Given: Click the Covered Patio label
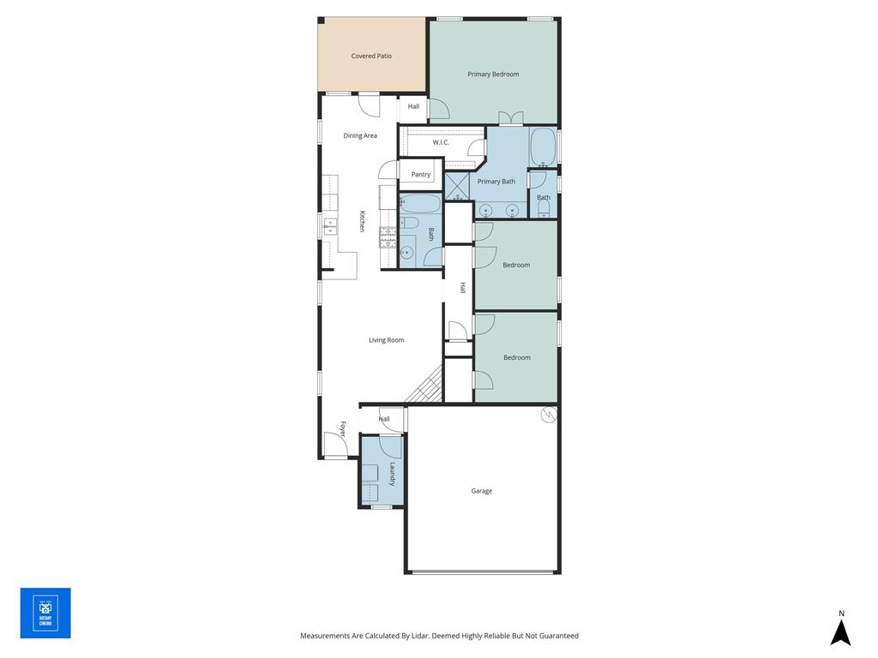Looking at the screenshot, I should [x=371, y=56].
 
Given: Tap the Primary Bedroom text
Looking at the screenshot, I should [x=493, y=75].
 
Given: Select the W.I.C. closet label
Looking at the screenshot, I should [x=441, y=142].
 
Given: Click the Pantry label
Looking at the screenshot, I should [x=420, y=175].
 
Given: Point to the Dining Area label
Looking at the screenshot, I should [x=360, y=135].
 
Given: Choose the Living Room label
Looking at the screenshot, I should [x=386, y=340].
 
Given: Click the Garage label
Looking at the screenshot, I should [x=481, y=491].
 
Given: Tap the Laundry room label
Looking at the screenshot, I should [x=392, y=475].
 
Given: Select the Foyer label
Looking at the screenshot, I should [x=343, y=429].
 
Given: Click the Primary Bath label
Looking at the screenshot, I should [x=496, y=182].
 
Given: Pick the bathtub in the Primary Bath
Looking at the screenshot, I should [x=544, y=147].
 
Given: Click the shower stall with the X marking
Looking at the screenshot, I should [x=457, y=186].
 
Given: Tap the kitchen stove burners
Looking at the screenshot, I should [x=387, y=236].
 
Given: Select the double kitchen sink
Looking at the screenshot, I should [x=330, y=226].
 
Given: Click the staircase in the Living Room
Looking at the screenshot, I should [x=426, y=386].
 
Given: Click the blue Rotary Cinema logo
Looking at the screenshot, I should [x=45, y=613].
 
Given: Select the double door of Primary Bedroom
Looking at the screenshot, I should [x=511, y=118].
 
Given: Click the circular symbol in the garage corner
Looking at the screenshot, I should [x=549, y=415].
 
